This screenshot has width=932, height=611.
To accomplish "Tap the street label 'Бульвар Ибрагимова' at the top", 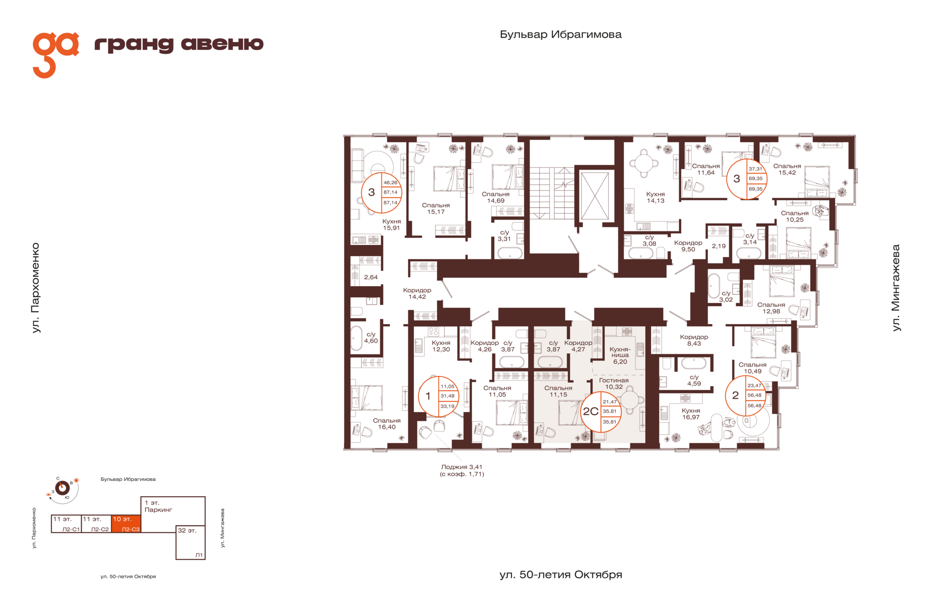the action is pyautogui.click(x=561, y=34).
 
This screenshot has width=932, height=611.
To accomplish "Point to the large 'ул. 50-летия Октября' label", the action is pyautogui.click(x=561, y=575).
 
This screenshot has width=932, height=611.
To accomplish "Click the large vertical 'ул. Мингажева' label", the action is pyautogui.click(x=896, y=288).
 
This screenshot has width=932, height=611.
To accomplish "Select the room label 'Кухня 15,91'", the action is pyautogui.click(x=391, y=225).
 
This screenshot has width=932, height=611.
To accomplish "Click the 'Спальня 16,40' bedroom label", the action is pyautogui.click(x=386, y=424).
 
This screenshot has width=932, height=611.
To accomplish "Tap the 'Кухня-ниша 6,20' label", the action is pyautogui.click(x=620, y=355).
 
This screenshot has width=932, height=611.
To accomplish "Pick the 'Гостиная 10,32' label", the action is pyautogui.click(x=614, y=384).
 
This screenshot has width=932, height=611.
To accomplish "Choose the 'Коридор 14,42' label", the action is pyautogui.click(x=417, y=293).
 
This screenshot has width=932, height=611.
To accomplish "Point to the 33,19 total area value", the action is pyautogui.click(x=448, y=406).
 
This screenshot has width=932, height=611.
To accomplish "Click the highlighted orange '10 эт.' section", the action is pyautogui.click(x=126, y=524).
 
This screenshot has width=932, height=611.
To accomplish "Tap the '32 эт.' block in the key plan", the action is pyautogui.click(x=190, y=543).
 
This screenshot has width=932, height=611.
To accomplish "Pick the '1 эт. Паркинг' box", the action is pyautogui.click(x=173, y=511).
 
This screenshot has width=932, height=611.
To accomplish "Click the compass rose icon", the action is pyautogui.click(x=63, y=488).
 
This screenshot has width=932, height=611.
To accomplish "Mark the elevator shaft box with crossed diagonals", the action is pyautogui.click(x=595, y=196).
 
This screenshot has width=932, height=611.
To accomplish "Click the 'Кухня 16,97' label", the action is pyautogui.click(x=691, y=414).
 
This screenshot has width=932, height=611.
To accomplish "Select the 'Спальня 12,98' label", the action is pyautogui.click(x=771, y=308).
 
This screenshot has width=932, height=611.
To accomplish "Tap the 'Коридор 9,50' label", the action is pyautogui.click(x=688, y=246).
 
